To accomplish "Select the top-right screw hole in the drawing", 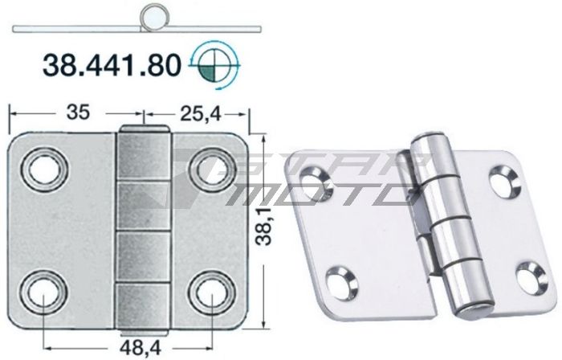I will click(x=210, y=169).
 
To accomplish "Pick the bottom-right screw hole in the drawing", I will click(x=210, y=292).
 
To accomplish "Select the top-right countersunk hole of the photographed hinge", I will click(x=504, y=182).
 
